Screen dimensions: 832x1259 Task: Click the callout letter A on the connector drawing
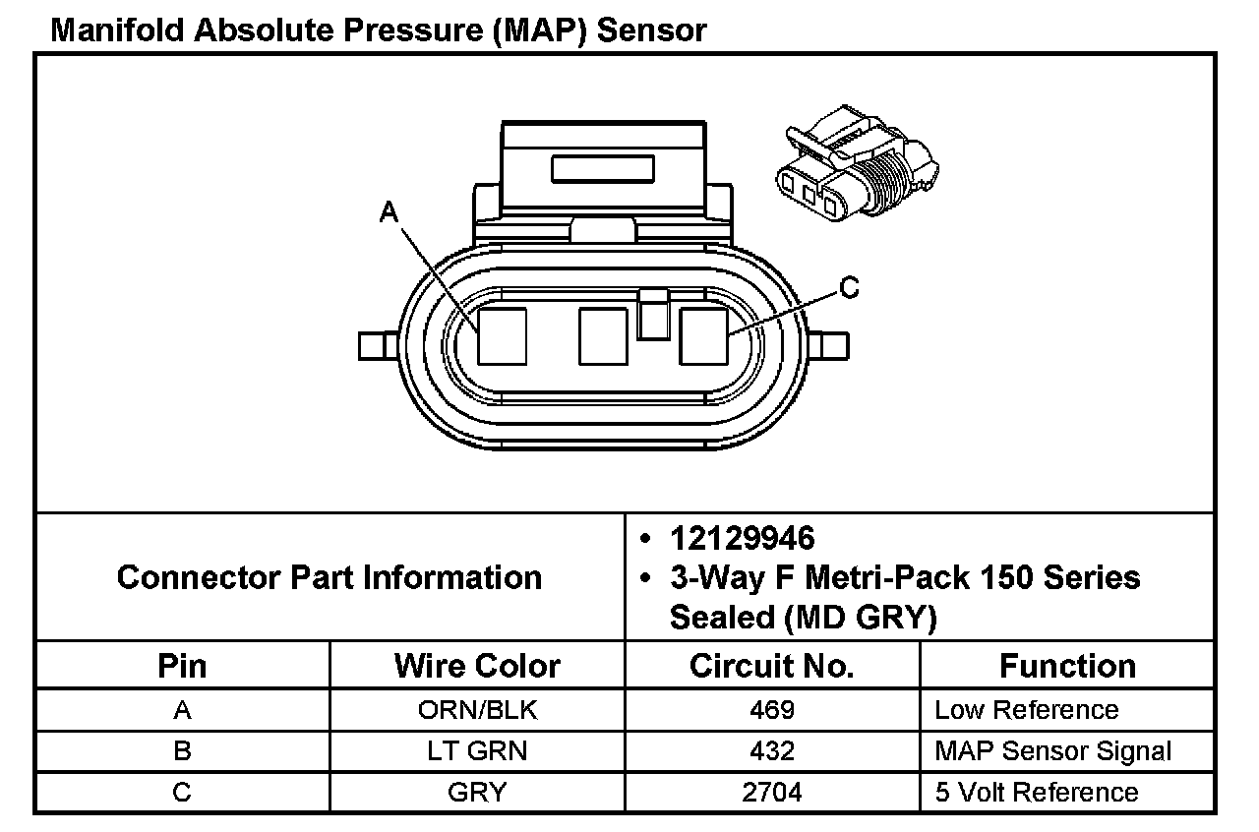[x=390, y=211]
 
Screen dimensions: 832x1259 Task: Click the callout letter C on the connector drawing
[x=849, y=288]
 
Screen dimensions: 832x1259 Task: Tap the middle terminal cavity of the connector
[x=603, y=336]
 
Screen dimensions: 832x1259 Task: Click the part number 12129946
[x=743, y=538]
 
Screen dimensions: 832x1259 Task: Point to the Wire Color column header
[x=477, y=666]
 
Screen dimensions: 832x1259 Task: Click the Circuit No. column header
[x=772, y=666]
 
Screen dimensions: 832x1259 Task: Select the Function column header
[x=1067, y=666]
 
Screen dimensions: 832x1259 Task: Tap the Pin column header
[x=182, y=666]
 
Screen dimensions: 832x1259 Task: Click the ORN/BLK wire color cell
[x=477, y=710]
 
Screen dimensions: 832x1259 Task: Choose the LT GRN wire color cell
[x=477, y=751]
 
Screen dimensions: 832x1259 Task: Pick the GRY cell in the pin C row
[x=477, y=793]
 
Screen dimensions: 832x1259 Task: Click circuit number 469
[x=772, y=710]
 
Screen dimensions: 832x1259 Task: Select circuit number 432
[x=772, y=751]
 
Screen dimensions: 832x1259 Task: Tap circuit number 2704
[x=772, y=793]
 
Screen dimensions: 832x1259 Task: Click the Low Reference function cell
[x=1026, y=710]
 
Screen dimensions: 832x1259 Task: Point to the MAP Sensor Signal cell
[x=1052, y=751]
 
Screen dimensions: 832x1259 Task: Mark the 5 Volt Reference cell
[x=1036, y=793]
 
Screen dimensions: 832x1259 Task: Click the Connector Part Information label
[x=330, y=576]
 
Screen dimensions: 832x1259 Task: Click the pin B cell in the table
[x=182, y=751]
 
